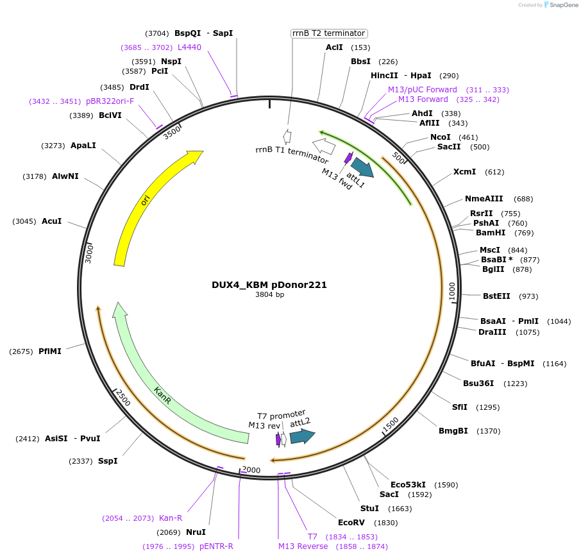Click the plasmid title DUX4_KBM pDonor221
coord(269,285)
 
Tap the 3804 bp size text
coord(269,295)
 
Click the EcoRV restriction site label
coord(351,522)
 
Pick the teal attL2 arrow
coord(302,437)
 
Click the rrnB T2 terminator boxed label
coord(328,33)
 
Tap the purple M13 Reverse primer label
coord(303,546)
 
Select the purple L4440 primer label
coord(189,47)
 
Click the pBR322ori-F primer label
coord(110,101)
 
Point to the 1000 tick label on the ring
coord(451,290)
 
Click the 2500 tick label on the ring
coord(123,398)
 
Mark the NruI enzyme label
coord(196,532)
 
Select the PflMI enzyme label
coord(50,351)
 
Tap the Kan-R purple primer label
coord(171,518)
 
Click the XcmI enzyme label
coord(464,172)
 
